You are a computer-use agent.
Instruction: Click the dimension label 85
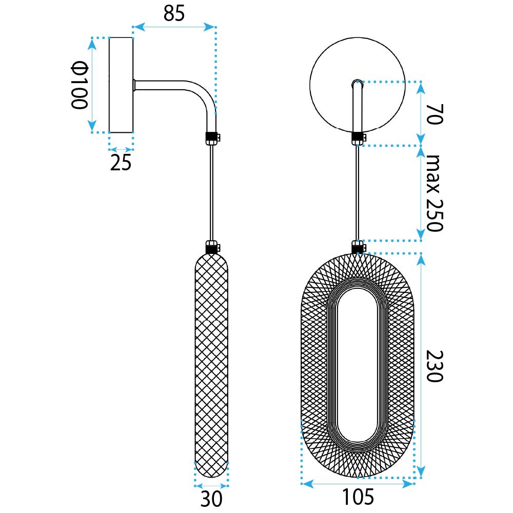174,14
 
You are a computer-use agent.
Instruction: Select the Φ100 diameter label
80,85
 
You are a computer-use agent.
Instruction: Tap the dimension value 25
121,163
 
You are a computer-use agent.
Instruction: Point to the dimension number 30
211,499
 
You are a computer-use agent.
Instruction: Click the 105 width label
358,497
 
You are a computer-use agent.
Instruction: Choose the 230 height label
435,366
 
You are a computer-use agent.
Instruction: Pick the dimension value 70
435,114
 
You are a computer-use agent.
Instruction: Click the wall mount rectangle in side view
121,85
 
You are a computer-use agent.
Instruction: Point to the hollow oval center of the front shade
358,365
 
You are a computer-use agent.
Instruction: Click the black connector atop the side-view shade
212,247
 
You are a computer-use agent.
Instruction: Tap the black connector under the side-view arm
212,138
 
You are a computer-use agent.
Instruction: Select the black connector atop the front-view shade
358,247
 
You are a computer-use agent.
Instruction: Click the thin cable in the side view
212,193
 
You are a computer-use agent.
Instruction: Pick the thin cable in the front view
358,193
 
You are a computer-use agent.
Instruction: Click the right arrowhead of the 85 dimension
209,27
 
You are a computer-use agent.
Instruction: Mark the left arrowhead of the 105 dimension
307,484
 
